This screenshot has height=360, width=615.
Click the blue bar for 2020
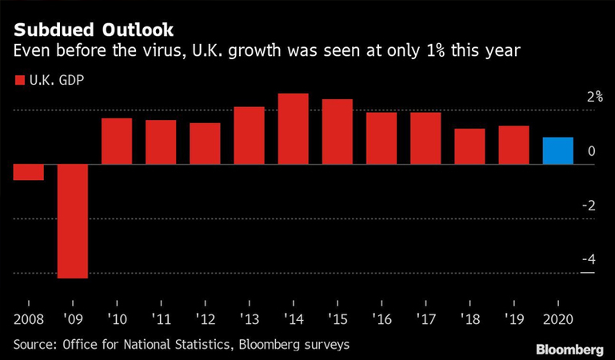[557, 151]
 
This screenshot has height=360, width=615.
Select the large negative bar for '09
[72, 222]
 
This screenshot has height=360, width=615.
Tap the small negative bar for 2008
[28, 172]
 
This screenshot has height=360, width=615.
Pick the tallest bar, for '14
[293, 129]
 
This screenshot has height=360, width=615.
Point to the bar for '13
[249, 135]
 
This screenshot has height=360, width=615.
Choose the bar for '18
[469, 146]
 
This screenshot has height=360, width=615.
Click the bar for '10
[116, 142]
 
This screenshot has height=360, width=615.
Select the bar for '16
[381, 138]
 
